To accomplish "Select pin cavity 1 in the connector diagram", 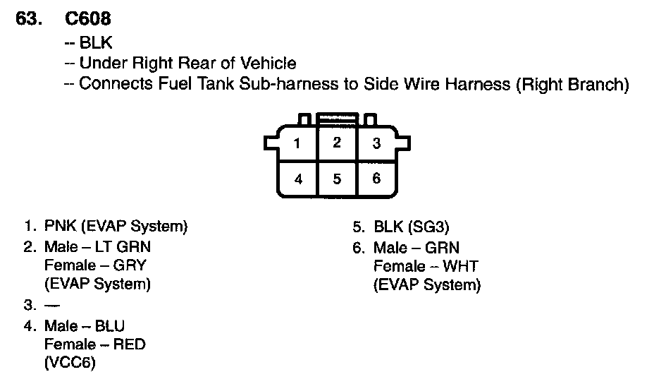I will click(297, 144).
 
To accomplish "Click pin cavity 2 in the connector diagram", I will click(337, 143).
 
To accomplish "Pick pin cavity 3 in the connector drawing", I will click(376, 144).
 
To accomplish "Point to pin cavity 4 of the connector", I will click(298, 179).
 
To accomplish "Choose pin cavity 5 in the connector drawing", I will click(337, 179).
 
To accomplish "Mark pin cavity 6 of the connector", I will click(376, 179).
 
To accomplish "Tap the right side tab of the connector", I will click(402, 143).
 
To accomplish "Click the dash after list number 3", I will click(51, 306).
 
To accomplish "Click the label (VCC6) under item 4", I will click(69, 363).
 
